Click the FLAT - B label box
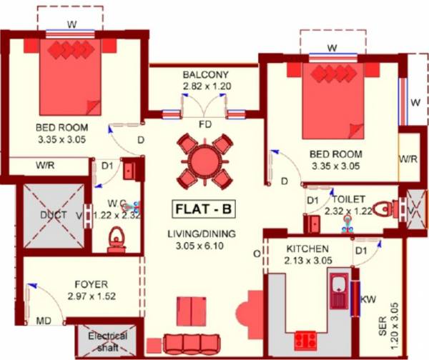204,209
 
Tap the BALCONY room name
204,74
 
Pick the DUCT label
54,215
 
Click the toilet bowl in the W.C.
115,237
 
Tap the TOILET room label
350,199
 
